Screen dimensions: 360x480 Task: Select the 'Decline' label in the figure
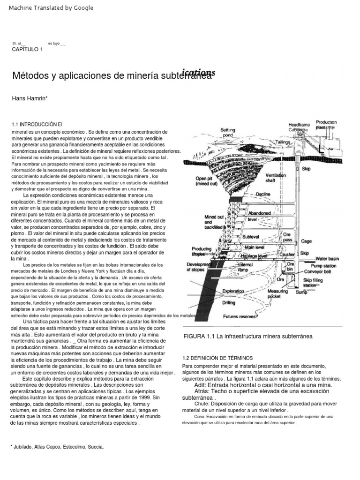pyautogui.click(x=263, y=194)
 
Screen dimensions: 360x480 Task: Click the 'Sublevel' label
pyautogui.click(x=251, y=237)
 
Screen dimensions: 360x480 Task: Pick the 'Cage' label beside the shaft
pyautogui.click(x=306, y=241)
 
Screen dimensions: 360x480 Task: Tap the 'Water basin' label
pyautogui.click(x=327, y=258)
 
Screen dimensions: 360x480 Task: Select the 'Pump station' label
pyautogui.click(x=323, y=265)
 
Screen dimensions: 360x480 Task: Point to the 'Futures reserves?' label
pyautogui.click(x=240, y=316)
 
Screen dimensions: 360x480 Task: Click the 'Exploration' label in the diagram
pyautogui.click(x=234, y=291)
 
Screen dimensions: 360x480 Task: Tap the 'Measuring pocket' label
pyautogui.click(x=277, y=294)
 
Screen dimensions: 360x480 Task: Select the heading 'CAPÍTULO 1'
pyautogui.click(x=27, y=50)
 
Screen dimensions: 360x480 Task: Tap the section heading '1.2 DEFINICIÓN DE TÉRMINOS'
pyautogui.click(x=217, y=358)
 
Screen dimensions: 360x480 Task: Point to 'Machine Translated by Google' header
pyautogui.click(x=51, y=8)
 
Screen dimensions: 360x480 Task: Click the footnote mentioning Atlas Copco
pyautogui.click(x=57, y=447)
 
